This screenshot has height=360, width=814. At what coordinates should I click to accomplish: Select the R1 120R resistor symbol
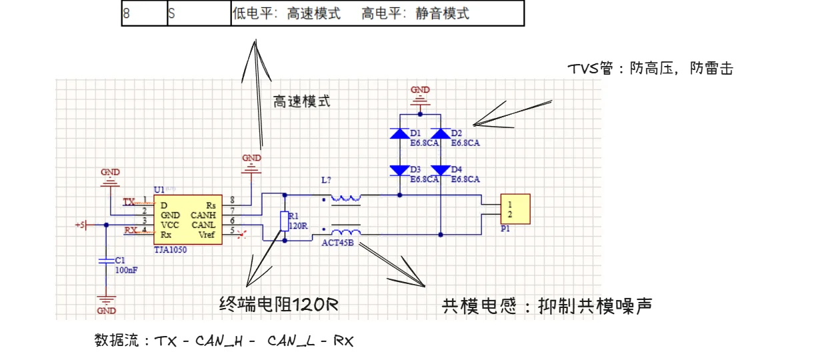[285, 221]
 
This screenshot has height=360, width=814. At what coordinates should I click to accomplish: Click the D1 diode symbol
[399, 133]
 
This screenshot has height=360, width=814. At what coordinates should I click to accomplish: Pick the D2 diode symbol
[441, 133]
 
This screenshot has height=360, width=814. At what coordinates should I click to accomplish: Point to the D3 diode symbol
[399, 170]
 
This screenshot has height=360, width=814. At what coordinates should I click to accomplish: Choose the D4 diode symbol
[441, 170]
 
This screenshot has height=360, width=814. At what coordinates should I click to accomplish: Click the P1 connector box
[515, 209]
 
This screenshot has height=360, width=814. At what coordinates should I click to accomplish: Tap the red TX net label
[129, 201]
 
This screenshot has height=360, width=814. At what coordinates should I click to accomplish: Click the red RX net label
[131, 231]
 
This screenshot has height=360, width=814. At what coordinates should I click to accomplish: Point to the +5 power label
[81, 225]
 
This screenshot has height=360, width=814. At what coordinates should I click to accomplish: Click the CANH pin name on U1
[203, 215]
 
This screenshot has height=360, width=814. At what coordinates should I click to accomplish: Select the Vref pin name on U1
[207, 235]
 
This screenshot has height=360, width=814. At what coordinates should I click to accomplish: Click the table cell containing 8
[144, 13]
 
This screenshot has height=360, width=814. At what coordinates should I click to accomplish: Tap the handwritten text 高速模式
[301, 102]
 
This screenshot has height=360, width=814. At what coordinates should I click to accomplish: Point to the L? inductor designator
[326, 181]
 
